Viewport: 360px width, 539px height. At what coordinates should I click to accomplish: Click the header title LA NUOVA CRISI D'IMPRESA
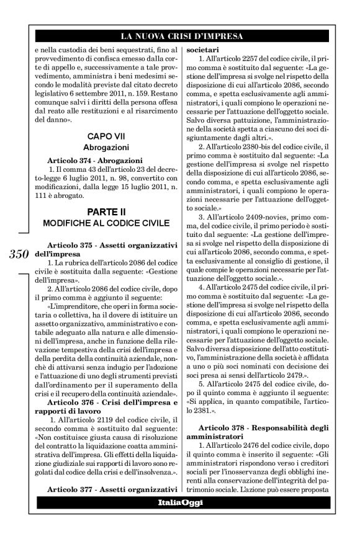pyautogui.click(x=180, y=35)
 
